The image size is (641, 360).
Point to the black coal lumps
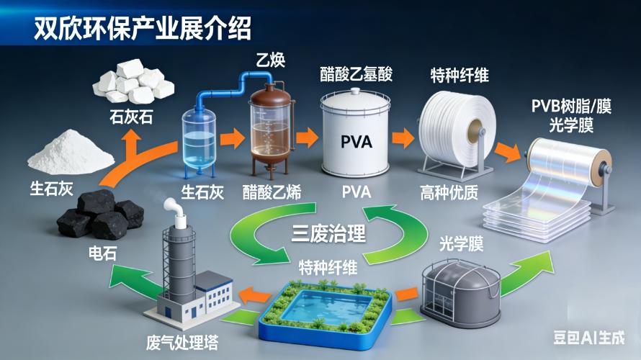point(101,213)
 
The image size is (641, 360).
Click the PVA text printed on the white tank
point(357,140)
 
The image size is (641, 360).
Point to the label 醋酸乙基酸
point(357,74)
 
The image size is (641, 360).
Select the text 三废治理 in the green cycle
point(328,233)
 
